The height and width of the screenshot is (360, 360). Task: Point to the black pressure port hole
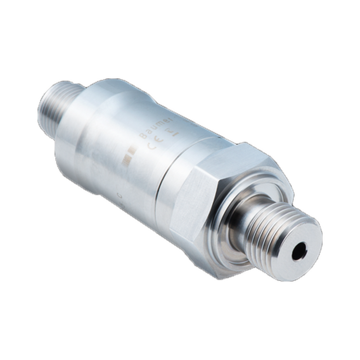(299, 251)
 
